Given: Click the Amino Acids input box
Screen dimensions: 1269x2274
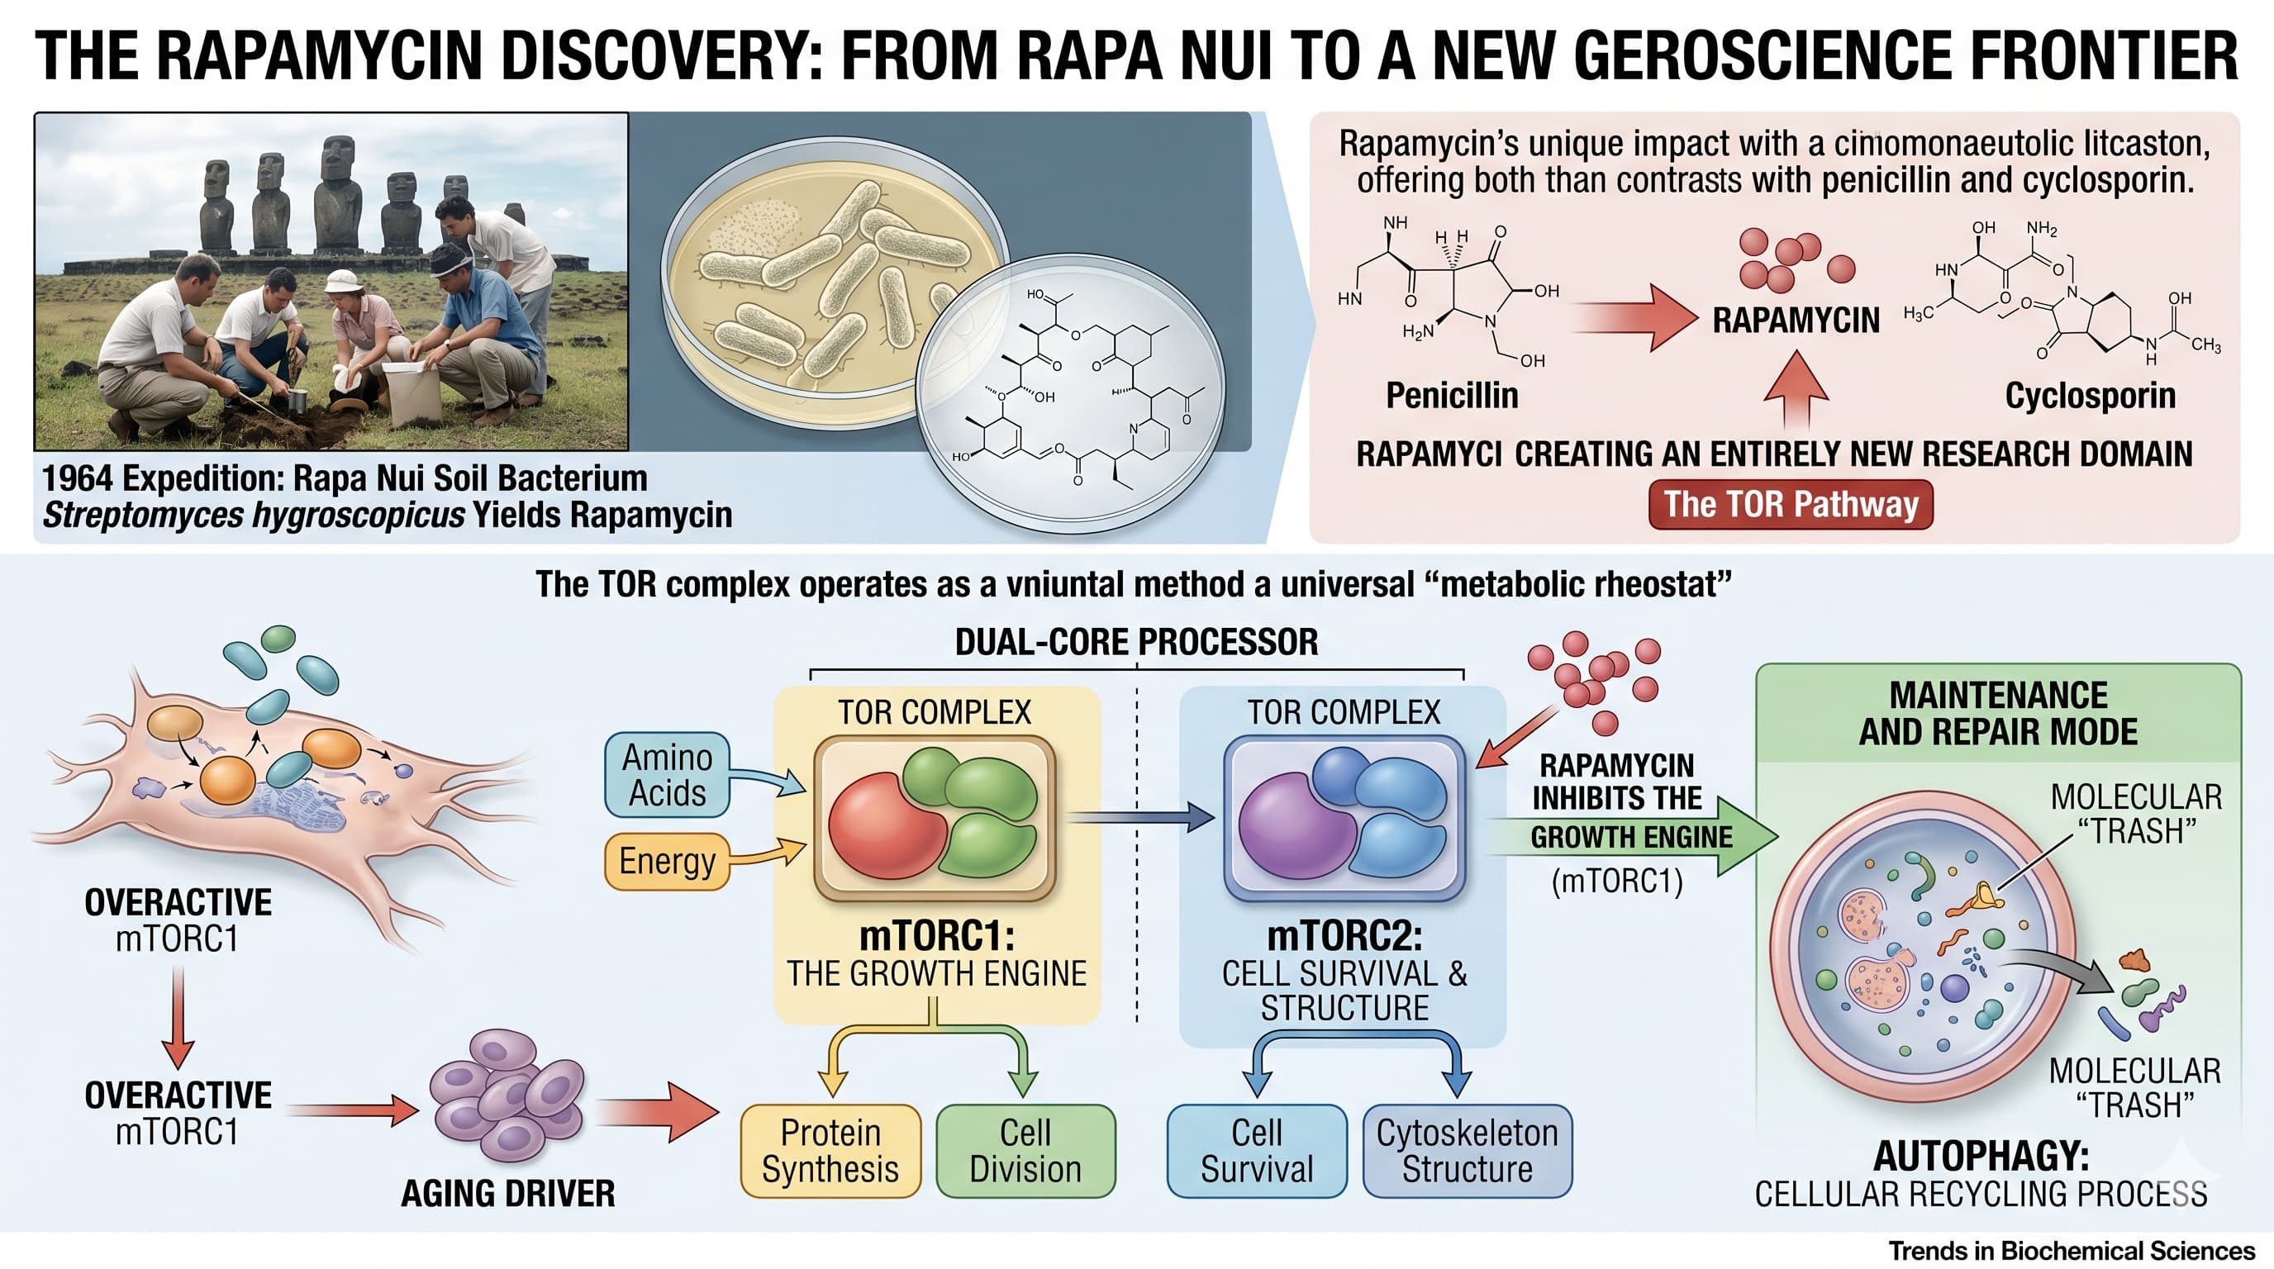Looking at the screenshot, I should pos(667,775).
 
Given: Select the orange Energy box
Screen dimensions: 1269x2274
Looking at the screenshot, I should pos(667,860).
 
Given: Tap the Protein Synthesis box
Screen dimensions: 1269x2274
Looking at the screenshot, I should pos(830,1151).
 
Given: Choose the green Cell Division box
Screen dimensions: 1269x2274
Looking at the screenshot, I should pos(1025,1151).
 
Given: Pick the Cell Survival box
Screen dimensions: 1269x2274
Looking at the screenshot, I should pos(1256,1151).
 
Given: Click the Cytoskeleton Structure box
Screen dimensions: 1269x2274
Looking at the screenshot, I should pos(1468,1151).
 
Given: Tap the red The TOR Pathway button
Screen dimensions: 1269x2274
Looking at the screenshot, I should pos(1791,505).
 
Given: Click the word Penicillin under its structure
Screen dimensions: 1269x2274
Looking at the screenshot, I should pos(1451,396).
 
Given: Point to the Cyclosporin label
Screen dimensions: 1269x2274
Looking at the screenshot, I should pos(2090,396).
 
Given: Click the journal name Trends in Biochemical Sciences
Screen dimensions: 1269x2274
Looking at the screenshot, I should pos(2071,1251).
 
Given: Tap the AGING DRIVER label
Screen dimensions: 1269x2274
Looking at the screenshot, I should pos(507,1194).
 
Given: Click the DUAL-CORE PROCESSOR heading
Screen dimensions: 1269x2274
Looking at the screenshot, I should pos(1136,642).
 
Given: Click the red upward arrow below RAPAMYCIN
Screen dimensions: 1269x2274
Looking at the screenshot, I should pos(1796,388).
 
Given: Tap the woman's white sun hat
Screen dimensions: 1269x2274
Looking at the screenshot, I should pos(343,281).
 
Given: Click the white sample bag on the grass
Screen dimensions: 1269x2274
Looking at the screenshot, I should pos(413,392).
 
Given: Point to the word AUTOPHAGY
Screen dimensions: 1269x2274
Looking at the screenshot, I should pos(1980,1156).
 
